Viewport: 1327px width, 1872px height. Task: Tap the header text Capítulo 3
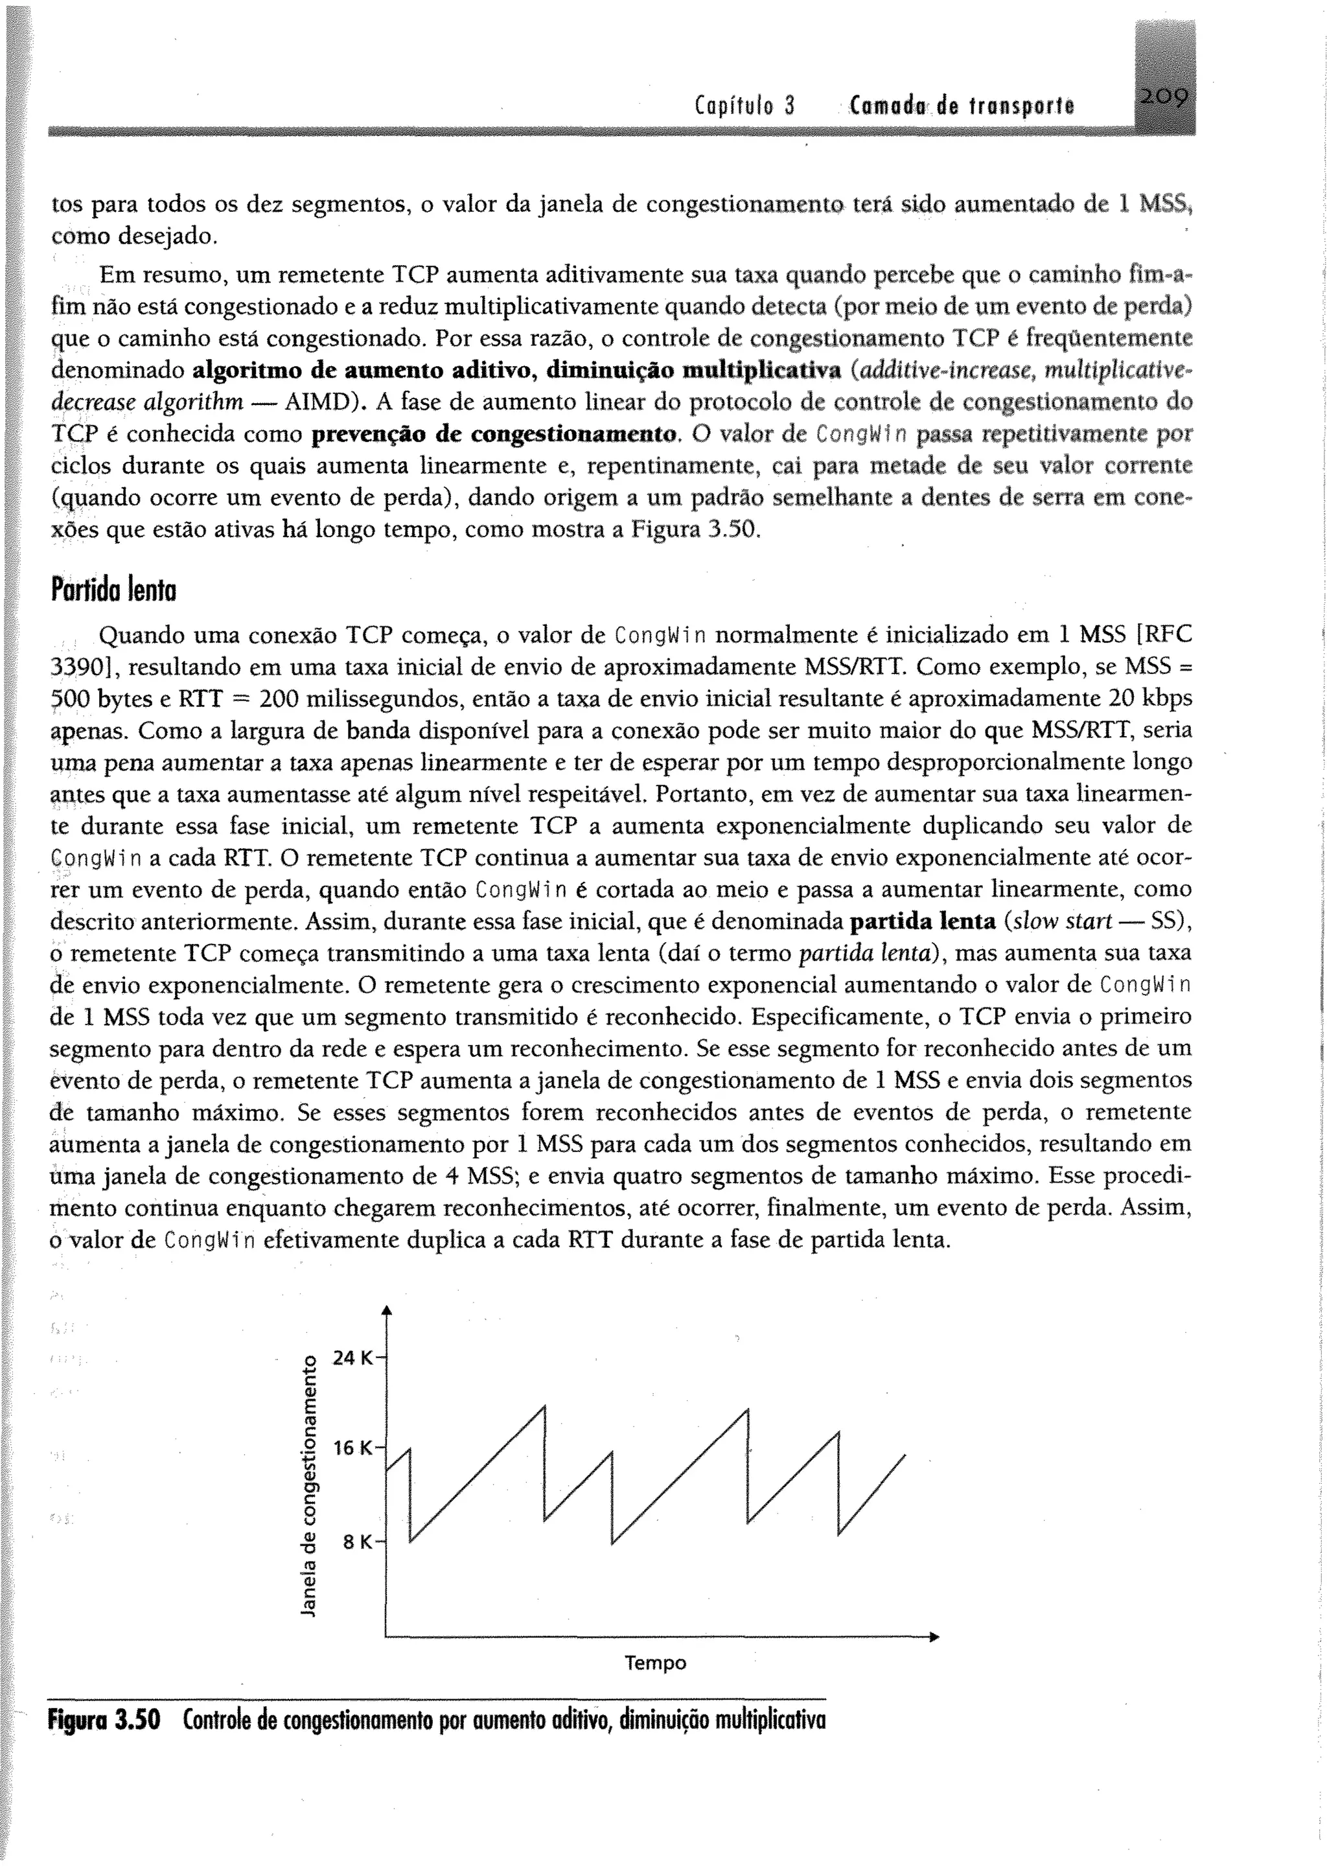tap(744, 106)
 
